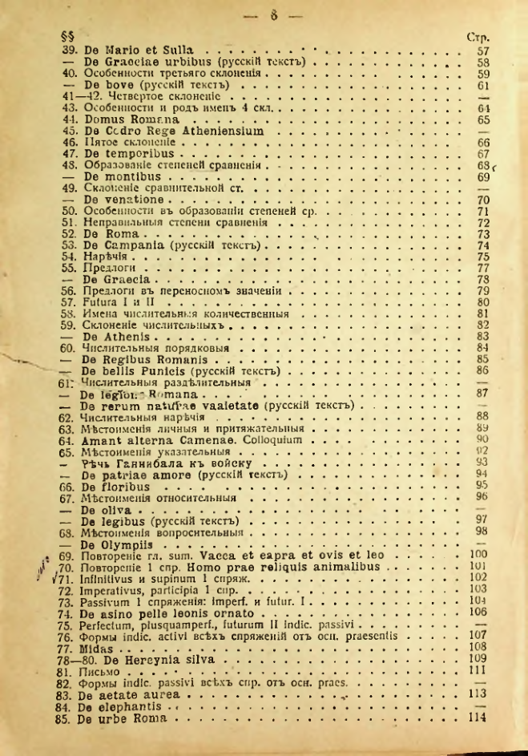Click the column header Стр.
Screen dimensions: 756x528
tap(478, 37)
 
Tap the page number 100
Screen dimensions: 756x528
tap(479, 554)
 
